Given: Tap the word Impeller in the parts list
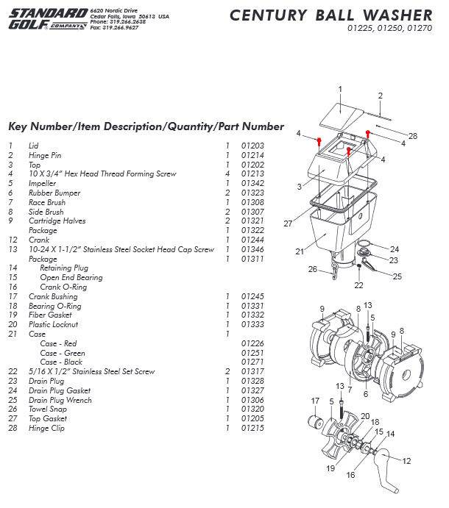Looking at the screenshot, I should [42, 183].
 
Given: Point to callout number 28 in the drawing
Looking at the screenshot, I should [413, 137].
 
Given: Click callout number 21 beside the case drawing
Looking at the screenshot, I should [300, 251].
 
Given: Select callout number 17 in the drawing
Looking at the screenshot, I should [316, 401].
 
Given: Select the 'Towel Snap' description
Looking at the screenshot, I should [46, 409].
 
